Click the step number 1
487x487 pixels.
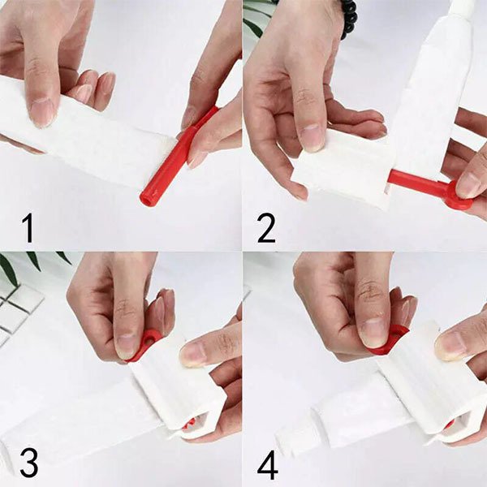[x=28, y=229]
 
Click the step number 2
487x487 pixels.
[x=266, y=229]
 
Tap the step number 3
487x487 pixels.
[x=29, y=463]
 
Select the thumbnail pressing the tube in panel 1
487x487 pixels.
[x=41, y=113]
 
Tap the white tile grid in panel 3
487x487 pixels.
[x=19, y=313]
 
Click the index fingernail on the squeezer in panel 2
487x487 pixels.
[x=313, y=138]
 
